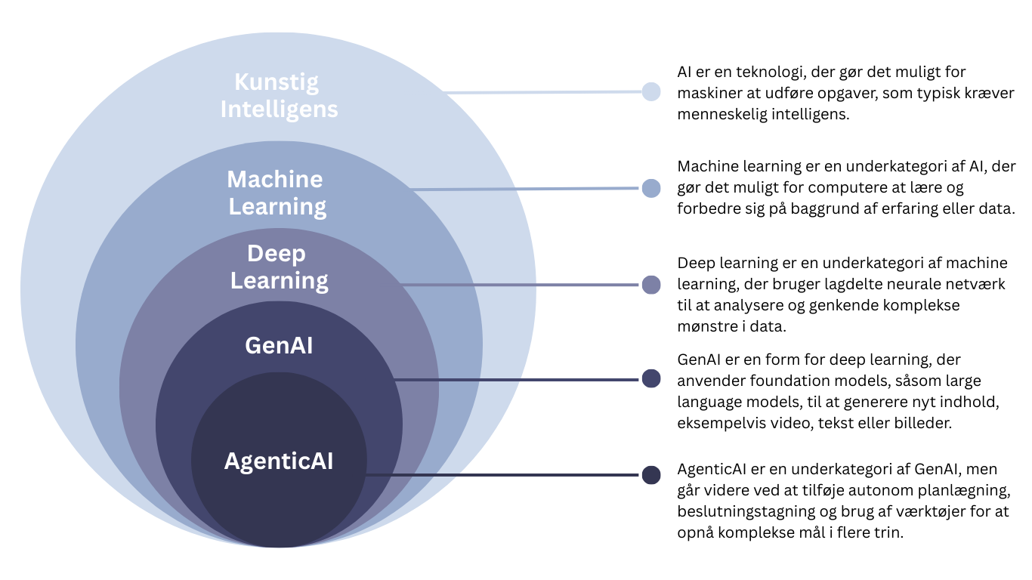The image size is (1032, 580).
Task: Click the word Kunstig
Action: click(277, 82)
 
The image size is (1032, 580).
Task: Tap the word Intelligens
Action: click(279, 110)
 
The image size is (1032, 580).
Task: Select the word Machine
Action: click(275, 179)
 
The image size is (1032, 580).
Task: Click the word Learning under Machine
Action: click(278, 207)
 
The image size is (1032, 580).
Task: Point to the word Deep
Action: click(277, 254)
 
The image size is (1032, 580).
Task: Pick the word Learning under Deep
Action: click(280, 281)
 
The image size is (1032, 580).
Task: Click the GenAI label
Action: click(279, 346)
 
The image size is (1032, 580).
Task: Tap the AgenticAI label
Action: click(279, 461)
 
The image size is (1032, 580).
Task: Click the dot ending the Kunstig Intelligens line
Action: click(650, 91)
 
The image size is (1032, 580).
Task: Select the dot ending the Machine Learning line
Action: click(650, 188)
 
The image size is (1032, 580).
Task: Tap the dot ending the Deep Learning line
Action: click(650, 285)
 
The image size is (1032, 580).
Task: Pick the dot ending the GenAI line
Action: click(650, 378)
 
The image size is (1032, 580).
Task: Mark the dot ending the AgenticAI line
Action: click(650, 475)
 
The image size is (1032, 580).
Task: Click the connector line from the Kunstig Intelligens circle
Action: click(544, 92)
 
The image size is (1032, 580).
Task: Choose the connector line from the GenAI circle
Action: click(518, 379)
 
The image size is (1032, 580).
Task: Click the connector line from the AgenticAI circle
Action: click(503, 475)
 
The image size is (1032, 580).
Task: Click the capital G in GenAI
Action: click(253, 346)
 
